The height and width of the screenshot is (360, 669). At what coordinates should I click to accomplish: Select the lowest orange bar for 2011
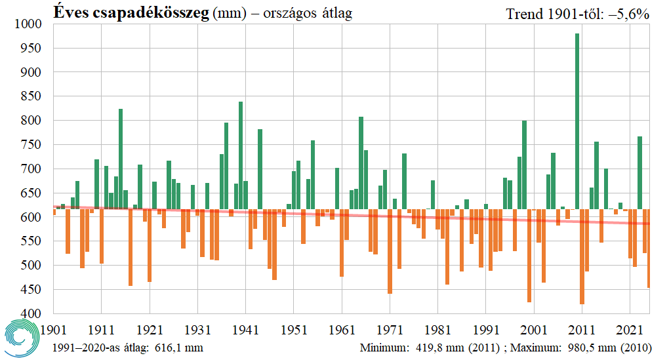582,256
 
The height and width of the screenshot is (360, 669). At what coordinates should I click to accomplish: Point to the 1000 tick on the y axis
28,24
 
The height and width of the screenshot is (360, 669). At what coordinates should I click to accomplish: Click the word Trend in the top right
525,13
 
